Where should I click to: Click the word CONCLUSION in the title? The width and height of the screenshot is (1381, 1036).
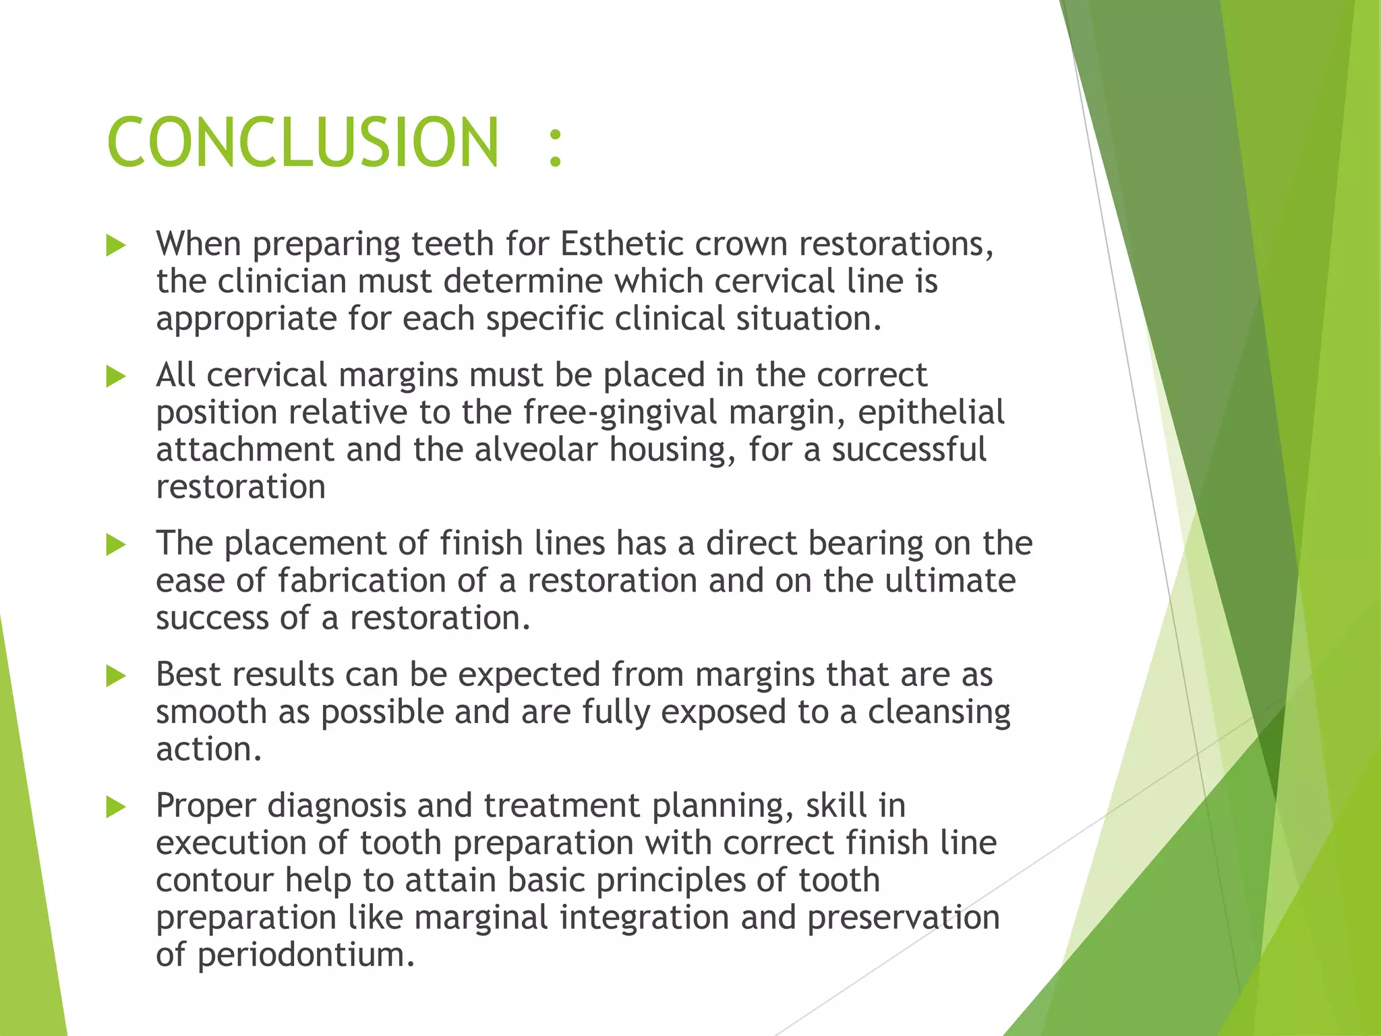coord(303,142)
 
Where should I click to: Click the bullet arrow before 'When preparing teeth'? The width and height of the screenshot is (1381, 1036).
coord(116,246)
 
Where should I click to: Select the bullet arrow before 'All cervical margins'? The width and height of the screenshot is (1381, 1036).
coord(116,376)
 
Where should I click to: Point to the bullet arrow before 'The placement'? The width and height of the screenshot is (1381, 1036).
coord(116,545)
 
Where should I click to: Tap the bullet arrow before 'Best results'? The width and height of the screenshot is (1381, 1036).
coord(116,676)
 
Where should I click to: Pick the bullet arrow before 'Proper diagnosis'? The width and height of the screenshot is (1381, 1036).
coord(116,807)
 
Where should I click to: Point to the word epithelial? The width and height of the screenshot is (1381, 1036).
coord(931,413)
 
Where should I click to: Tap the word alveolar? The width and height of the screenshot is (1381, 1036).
coord(536,450)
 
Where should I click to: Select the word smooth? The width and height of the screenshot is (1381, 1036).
coord(211,712)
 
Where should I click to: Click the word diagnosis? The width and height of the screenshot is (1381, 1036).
coord(336,807)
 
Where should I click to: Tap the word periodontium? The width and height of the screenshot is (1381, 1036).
coord(305,955)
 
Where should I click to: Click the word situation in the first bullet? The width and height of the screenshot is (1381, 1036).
coord(808,319)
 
